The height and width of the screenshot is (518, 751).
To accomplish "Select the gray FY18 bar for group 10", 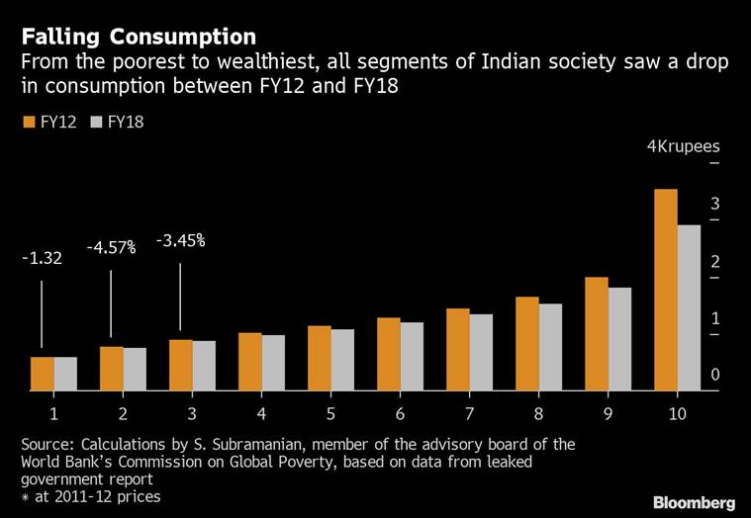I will point(688,307).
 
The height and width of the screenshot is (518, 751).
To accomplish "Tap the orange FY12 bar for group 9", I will point(596,334).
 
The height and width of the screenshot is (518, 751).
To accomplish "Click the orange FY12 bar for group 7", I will point(457,350).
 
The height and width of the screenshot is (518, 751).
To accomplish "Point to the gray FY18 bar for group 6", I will point(411,357).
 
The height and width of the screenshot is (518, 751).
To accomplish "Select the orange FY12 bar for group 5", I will point(319,358).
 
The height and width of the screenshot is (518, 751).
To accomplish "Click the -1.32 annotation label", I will point(42,259).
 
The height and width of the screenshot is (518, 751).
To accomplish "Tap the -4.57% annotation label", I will point(111,247).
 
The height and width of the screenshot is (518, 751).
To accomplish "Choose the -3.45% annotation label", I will point(180,240).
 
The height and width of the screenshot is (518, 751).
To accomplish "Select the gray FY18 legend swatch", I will point(96,122).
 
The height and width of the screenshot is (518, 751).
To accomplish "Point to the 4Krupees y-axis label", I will point(683,146).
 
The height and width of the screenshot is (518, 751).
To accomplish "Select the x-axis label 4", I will point(261,412).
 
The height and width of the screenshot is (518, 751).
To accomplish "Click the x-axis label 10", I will point(677,412).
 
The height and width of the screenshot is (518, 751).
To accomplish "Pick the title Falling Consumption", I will point(139,38).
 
